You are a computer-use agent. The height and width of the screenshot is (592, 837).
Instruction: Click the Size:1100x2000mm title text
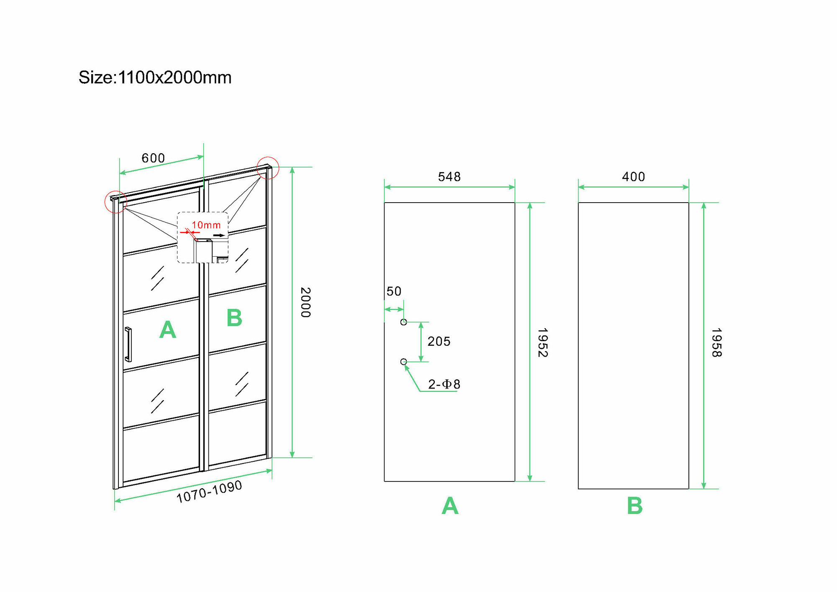155,78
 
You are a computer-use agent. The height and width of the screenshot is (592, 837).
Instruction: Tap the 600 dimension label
153,158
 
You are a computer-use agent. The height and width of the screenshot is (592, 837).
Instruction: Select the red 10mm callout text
206,225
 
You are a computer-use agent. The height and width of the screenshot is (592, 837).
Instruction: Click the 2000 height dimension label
306,302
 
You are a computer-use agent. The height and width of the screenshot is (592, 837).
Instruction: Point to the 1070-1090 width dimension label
209,492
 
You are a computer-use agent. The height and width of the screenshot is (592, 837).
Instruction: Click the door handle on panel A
128,344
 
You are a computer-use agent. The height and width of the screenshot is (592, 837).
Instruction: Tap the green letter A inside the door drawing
168,329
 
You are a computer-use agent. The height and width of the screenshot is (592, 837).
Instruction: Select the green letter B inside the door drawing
234,318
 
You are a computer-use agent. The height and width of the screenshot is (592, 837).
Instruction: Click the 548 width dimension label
449,177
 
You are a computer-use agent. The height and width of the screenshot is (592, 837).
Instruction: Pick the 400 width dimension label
633,177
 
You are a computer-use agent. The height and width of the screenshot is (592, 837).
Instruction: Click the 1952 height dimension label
542,342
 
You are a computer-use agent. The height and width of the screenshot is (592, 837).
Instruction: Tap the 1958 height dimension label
716,342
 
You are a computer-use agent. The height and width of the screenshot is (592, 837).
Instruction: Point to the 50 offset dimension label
394,291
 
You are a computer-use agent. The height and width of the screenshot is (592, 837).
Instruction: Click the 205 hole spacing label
439,342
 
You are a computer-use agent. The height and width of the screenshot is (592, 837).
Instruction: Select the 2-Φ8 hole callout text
444,384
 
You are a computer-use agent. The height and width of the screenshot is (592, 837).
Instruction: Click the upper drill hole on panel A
403,322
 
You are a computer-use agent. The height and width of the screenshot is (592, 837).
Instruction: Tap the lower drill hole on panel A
403,362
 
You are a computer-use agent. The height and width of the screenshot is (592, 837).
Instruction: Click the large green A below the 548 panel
450,506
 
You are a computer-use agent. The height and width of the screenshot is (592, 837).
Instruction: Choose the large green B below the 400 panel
634,506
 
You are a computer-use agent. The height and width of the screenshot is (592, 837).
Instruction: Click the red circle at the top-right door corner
268,168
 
